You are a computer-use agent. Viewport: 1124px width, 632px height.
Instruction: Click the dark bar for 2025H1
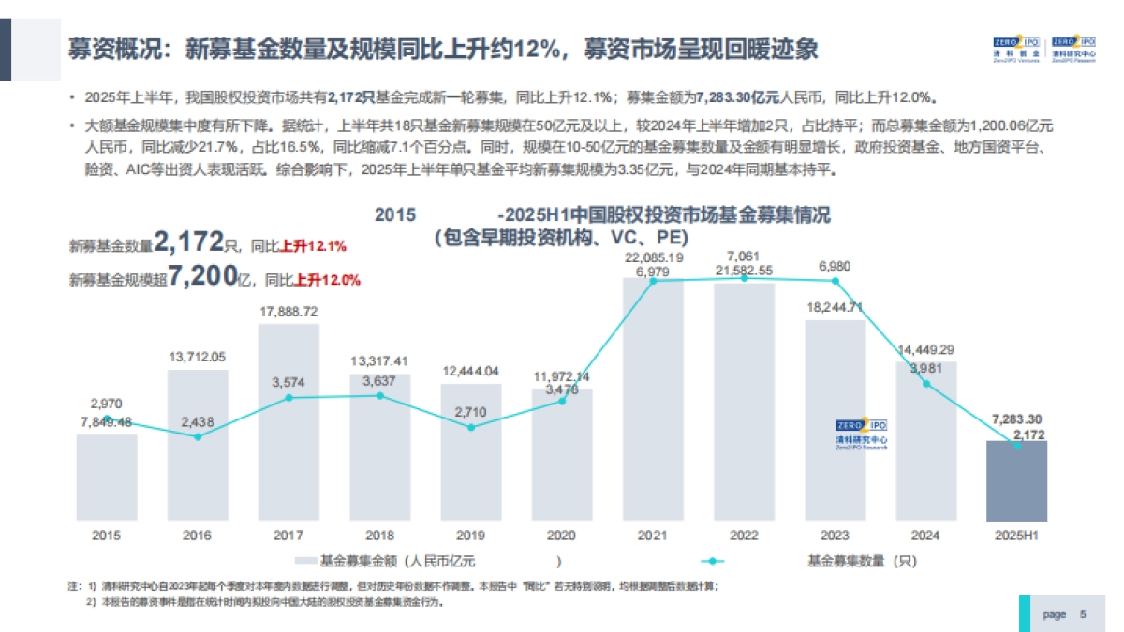tap(1016, 481)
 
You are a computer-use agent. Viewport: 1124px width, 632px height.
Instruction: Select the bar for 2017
tap(288, 421)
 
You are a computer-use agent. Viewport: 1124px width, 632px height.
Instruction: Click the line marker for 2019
tap(471, 427)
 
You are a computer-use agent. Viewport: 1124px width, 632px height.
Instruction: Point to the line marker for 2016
tap(198, 436)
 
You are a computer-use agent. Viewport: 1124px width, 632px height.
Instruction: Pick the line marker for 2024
tap(926, 384)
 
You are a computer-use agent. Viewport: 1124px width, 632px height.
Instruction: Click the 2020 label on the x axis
tap(562, 536)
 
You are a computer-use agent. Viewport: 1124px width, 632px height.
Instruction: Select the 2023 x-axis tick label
tap(836, 536)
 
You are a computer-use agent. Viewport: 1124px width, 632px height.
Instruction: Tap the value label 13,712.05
tap(198, 357)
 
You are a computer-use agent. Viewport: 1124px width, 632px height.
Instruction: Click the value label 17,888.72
tap(288, 312)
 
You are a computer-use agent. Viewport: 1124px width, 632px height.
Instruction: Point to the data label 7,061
tap(744, 257)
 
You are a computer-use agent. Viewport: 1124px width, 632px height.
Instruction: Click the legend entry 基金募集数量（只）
tap(861, 562)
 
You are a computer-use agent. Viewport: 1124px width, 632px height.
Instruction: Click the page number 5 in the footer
tap(1083, 614)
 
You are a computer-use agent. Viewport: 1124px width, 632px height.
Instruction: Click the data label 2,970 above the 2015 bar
tap(106, 404)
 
